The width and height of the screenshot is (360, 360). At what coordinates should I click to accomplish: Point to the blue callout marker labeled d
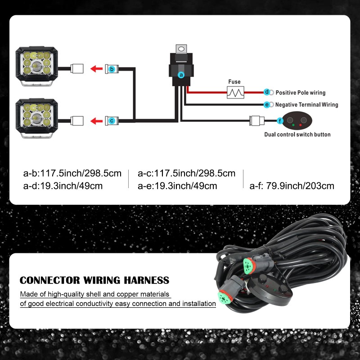[267, 92]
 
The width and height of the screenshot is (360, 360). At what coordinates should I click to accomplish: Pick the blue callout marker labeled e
[267, 104]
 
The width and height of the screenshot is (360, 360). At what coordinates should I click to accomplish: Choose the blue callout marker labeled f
[280, 121]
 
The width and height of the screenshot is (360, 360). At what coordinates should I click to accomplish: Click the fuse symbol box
[235, 92]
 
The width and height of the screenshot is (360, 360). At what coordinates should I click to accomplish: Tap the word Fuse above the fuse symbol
[234, 82]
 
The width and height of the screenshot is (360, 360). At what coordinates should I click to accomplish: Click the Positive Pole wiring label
[300, 93]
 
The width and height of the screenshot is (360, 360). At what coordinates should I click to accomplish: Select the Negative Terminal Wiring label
[306, 105]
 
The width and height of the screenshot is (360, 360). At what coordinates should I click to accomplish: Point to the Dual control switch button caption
[297, 135]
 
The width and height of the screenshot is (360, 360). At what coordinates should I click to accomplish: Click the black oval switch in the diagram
[298, 120]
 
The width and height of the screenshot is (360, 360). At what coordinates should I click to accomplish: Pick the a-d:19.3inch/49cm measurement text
[63, 186]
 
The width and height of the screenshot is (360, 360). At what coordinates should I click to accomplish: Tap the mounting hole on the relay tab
[181, 48]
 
